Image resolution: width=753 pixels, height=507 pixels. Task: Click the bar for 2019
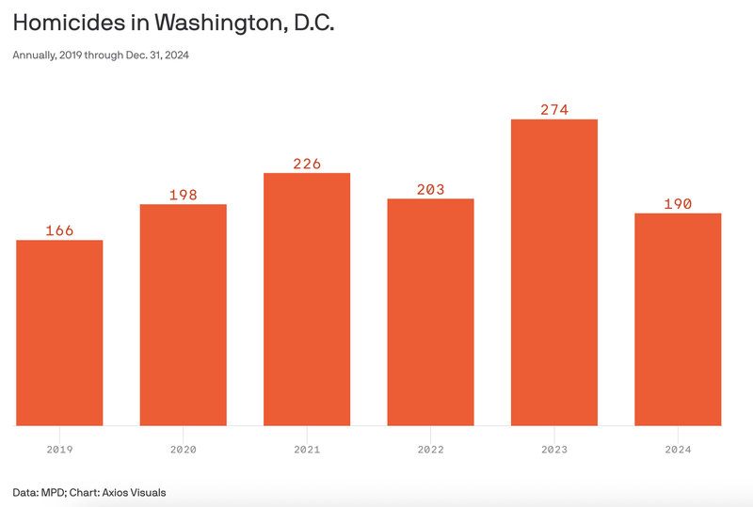point(59,333)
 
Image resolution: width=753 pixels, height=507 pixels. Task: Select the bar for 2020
point(183,315)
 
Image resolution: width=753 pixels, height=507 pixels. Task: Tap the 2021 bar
point(307,299)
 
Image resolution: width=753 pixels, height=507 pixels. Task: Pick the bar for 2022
point(430,312)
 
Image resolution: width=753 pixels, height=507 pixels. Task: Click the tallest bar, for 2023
point(554,273)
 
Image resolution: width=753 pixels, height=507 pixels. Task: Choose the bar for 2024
point(678,320)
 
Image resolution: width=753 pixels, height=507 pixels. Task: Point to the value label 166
point(59,230)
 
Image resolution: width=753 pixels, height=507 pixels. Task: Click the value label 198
point(183,195)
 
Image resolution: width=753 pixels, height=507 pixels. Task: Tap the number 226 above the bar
point(307,164)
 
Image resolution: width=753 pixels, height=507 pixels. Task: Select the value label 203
point(430,189)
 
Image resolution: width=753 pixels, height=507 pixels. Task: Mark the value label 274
point(554,110)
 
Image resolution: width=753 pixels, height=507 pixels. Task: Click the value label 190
point(678,204)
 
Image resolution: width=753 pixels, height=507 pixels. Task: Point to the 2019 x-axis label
point(59,450)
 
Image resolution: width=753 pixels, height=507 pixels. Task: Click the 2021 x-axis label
point(307,450)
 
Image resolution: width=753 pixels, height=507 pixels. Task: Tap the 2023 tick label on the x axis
point(554,450)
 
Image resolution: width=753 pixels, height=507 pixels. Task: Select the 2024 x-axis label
point(678,450)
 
